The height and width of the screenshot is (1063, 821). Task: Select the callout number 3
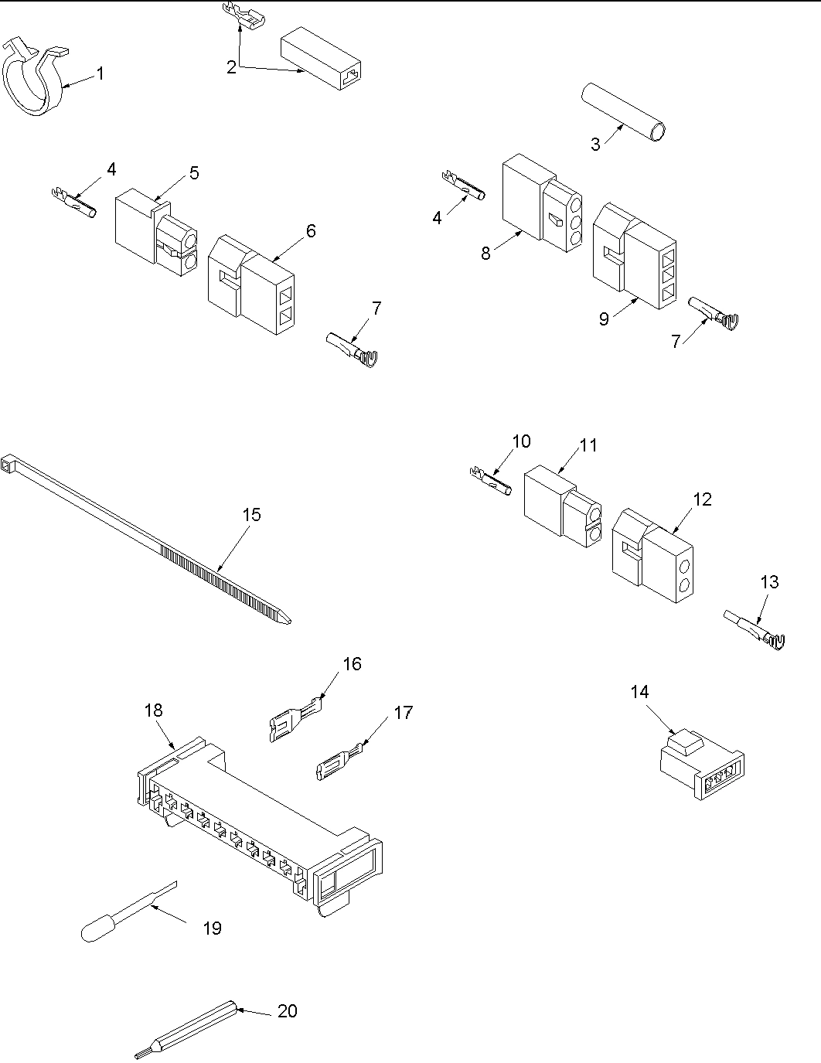click(595, 145)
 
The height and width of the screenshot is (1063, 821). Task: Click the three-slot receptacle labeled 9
click(634, 255)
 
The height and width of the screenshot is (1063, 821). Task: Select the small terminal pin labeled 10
click(490, 480)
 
